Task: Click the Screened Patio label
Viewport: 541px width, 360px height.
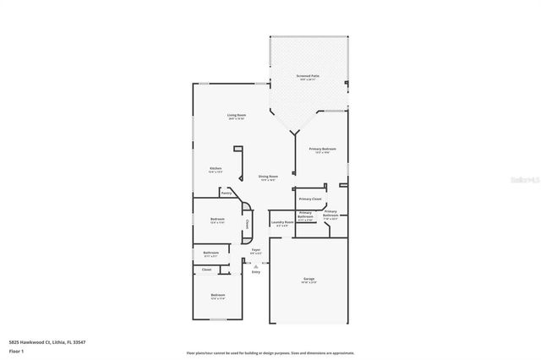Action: click(308, 76)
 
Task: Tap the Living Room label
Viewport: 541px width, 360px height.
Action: click(236, 115)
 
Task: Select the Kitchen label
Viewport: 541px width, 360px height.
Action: click(216, 168)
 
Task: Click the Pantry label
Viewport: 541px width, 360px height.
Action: click(227, 194)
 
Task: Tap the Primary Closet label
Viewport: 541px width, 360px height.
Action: click(310, 199)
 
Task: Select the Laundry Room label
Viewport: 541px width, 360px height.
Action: click(281, 222)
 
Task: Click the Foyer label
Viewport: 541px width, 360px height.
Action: click(256, 249)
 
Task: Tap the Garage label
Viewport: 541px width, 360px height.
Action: click(309, 278)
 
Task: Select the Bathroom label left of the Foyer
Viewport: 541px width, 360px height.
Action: click(211, 253)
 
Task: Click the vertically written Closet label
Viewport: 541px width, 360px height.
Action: click(247, 225)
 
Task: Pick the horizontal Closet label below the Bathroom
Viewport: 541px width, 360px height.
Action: click(206, 270)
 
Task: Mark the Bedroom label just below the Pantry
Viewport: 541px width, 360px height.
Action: click(217, 220)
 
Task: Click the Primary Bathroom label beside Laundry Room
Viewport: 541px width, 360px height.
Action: click(305, 214)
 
